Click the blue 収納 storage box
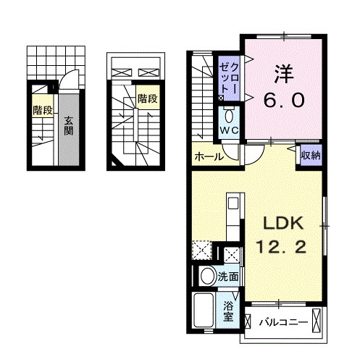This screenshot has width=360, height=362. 309,155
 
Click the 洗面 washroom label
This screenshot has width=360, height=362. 229,276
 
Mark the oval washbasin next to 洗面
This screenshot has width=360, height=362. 207,276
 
